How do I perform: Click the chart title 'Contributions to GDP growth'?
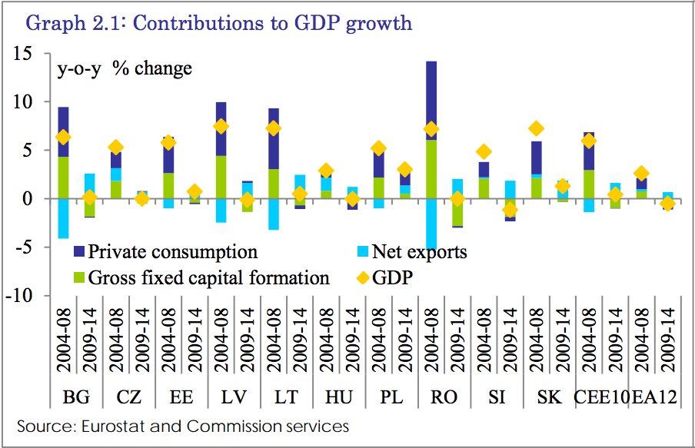(x=219, y=23)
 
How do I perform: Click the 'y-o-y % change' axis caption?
(x=125, y=69)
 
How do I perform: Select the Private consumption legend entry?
(x=172, y=252)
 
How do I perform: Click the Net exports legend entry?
(x=419, y=252)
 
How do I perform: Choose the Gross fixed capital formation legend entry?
(x=209, y=278)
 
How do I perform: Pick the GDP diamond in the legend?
(x=359, y=278)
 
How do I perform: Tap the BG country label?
(x=76, y=398)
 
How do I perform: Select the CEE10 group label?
(x=602, y=398)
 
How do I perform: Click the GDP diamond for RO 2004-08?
(x=431, y=129)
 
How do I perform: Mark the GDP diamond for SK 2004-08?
(x=536, y=128)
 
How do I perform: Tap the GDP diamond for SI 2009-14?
(x=510, y=210)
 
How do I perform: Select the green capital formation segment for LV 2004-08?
(x=221, y=177)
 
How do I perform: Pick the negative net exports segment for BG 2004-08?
(x=63, y=218)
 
